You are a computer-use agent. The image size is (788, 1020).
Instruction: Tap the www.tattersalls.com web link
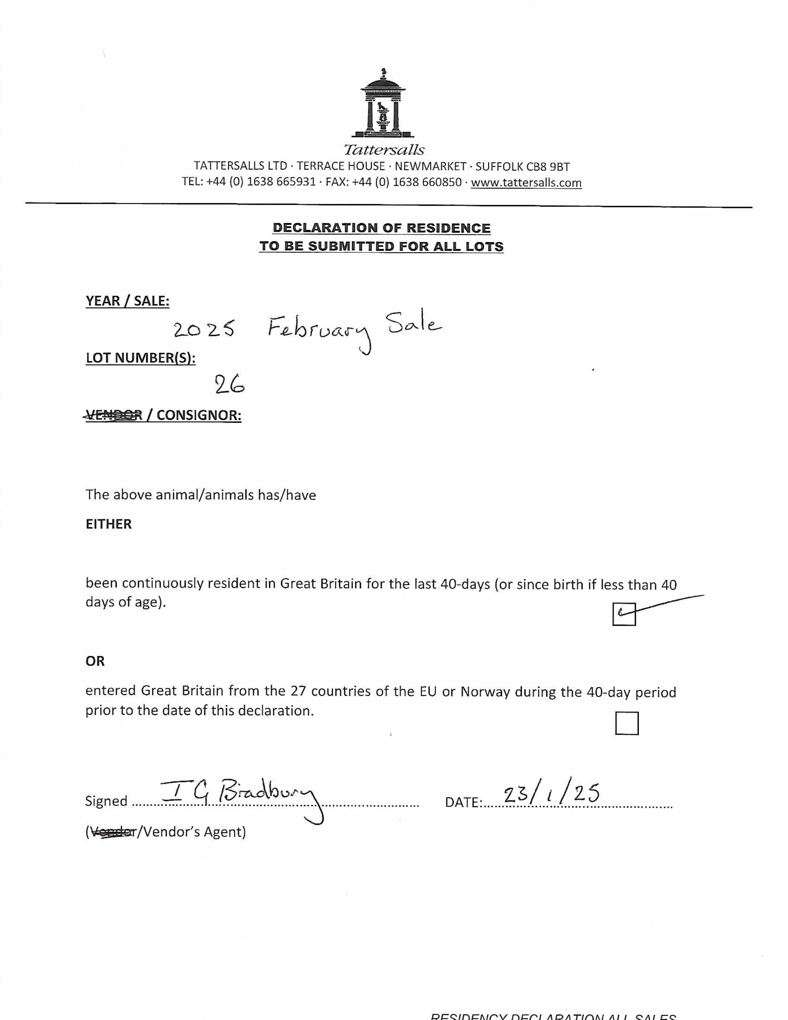coord(526,183)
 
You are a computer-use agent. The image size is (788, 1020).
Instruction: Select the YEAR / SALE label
coord(127,301)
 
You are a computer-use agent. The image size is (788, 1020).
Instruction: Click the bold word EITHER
coord(108,524)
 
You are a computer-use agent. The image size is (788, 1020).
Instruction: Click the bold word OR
coord(95,661)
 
